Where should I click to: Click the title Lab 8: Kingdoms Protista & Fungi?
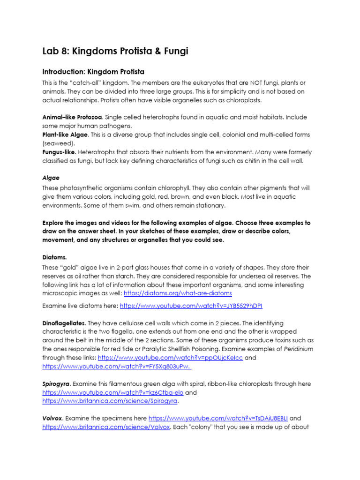point(115,51)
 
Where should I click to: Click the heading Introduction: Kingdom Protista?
point(94,72)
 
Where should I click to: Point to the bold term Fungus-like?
point(59,152)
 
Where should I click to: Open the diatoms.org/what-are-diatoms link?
point(177,293)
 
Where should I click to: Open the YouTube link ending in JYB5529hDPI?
point(191,305)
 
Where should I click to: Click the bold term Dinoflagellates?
point(64,323)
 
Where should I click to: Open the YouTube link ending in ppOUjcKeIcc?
point(170,358)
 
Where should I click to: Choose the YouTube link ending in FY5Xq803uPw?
point(116,367)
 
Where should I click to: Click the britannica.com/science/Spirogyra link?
point(110,402)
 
